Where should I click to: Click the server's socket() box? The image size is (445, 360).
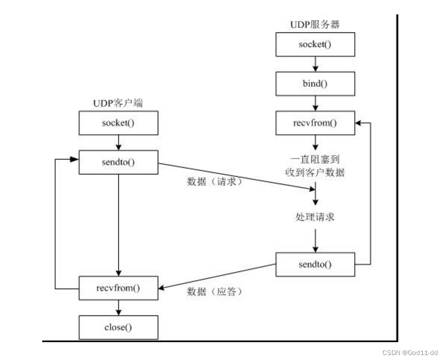(315, 45)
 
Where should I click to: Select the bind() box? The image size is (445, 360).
(315, 83)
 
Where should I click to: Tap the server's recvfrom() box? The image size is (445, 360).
(315, 123)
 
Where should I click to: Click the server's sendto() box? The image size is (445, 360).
(315, 264)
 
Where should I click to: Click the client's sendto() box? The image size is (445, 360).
(119, 161)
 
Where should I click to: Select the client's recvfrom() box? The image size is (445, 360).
(119, 288)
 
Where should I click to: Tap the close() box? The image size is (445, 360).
(119, 327)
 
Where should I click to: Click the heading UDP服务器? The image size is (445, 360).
(315, 24)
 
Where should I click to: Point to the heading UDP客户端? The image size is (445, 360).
(118, 103)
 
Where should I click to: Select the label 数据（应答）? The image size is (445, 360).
(215, 292)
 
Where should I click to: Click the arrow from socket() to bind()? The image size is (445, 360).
(315, 64)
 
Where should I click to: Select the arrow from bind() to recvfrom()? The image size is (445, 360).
(315, 103)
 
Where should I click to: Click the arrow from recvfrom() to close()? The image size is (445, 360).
(119, 308)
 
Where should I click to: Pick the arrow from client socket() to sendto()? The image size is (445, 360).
(119, 142)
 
